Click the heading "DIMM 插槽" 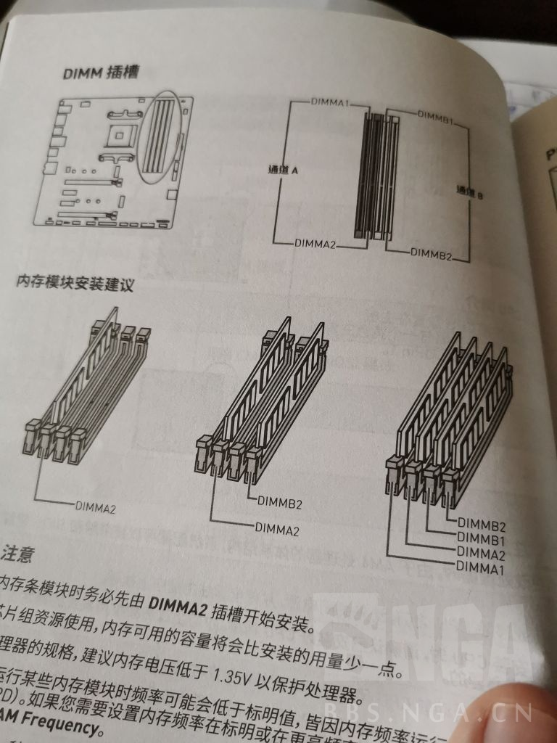(101, 73)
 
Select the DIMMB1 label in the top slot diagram (436, 116)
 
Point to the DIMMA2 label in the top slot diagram (315, 244)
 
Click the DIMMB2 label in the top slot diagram (431, 253)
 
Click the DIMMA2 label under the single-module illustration (95, 506)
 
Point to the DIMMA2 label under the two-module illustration (277, 530)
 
